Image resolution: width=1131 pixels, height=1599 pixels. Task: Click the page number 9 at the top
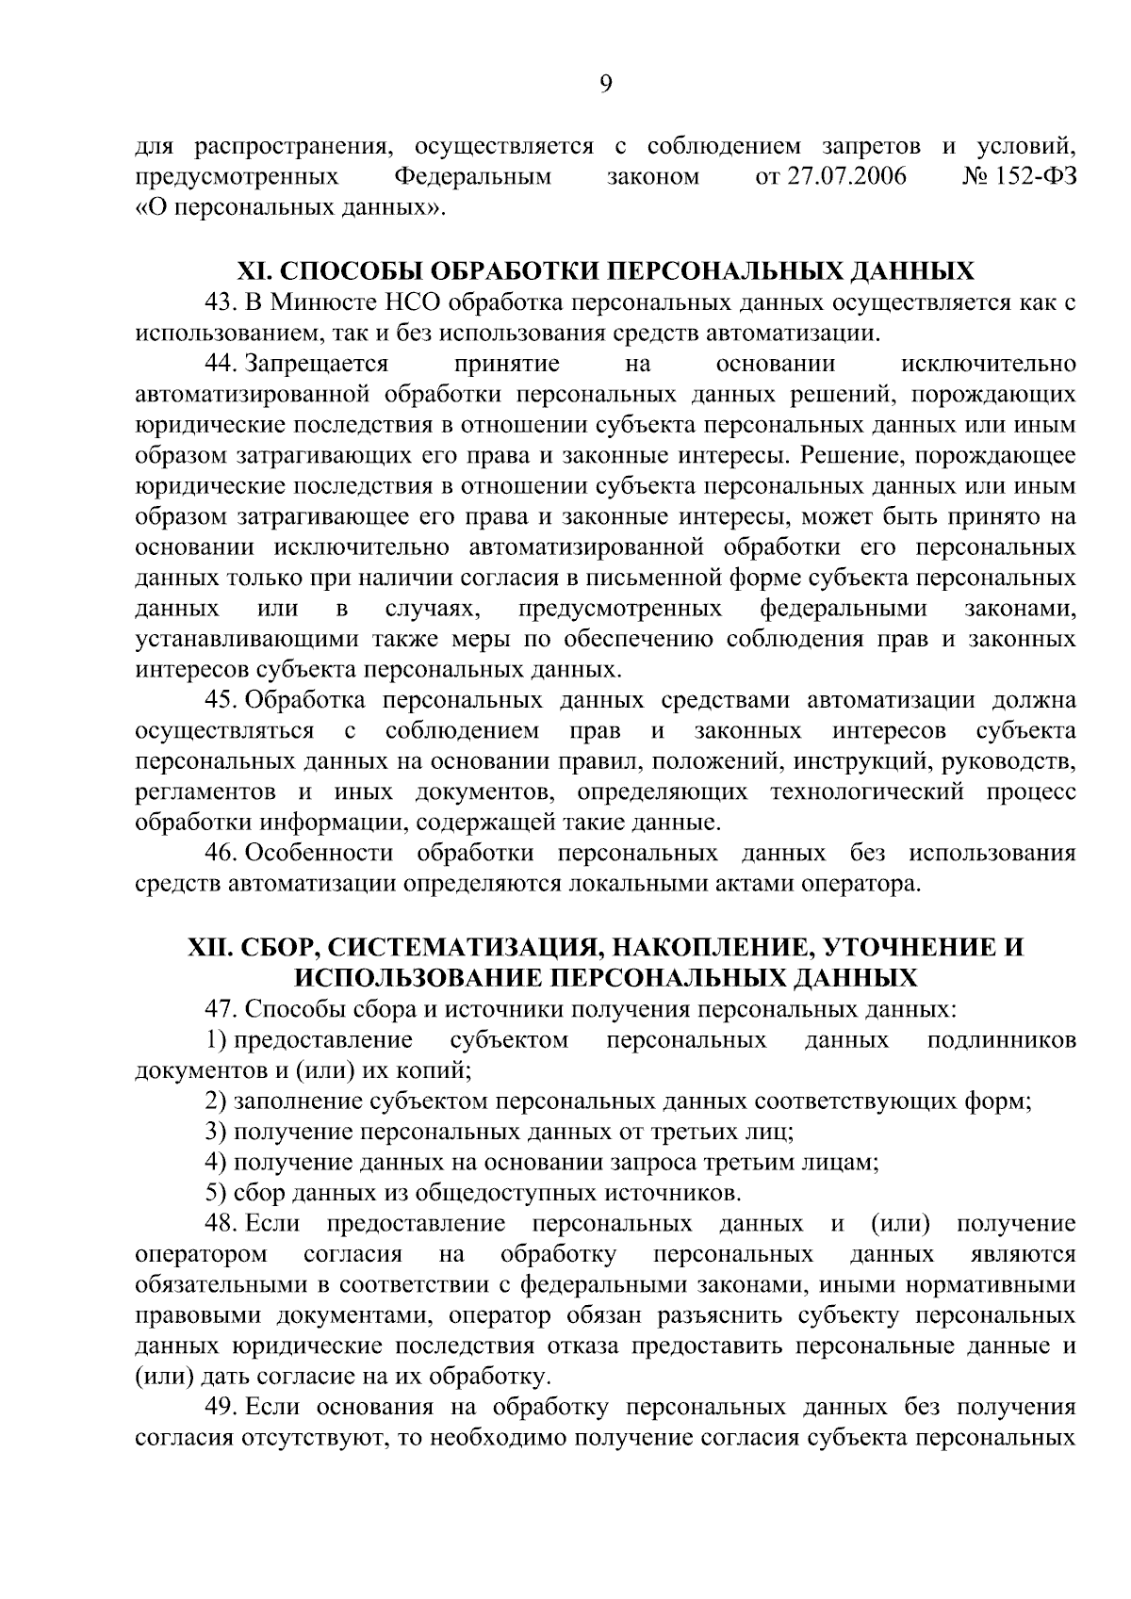pos(605,85)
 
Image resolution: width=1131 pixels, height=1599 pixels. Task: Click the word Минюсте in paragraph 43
pos(309,302)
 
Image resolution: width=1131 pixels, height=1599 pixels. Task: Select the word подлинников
pos(1002,1039)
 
